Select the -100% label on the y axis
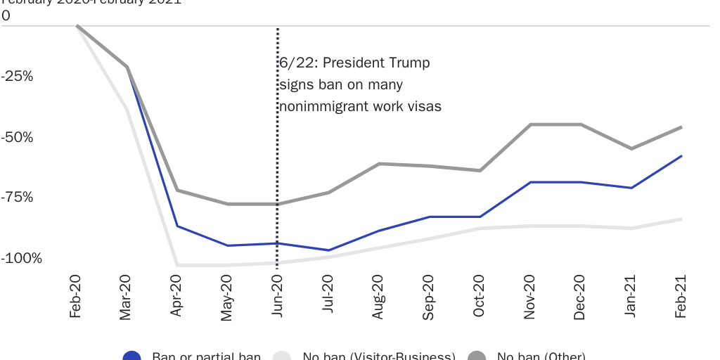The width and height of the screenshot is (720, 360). [x=21, y=258]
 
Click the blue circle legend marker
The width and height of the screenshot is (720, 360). [x=132, y=356]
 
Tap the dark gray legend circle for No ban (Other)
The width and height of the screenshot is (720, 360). [x=477, y=356]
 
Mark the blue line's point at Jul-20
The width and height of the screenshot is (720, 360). [x=328, y=250]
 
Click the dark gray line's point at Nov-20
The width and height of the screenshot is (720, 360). [x=529, y=124]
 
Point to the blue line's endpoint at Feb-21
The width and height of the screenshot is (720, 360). [x=681, y=156]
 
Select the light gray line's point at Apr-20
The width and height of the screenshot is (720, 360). [x=176, y=265]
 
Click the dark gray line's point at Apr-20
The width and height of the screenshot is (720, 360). [x=176, y=191]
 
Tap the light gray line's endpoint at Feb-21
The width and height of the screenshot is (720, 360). [x=681, y=219]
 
